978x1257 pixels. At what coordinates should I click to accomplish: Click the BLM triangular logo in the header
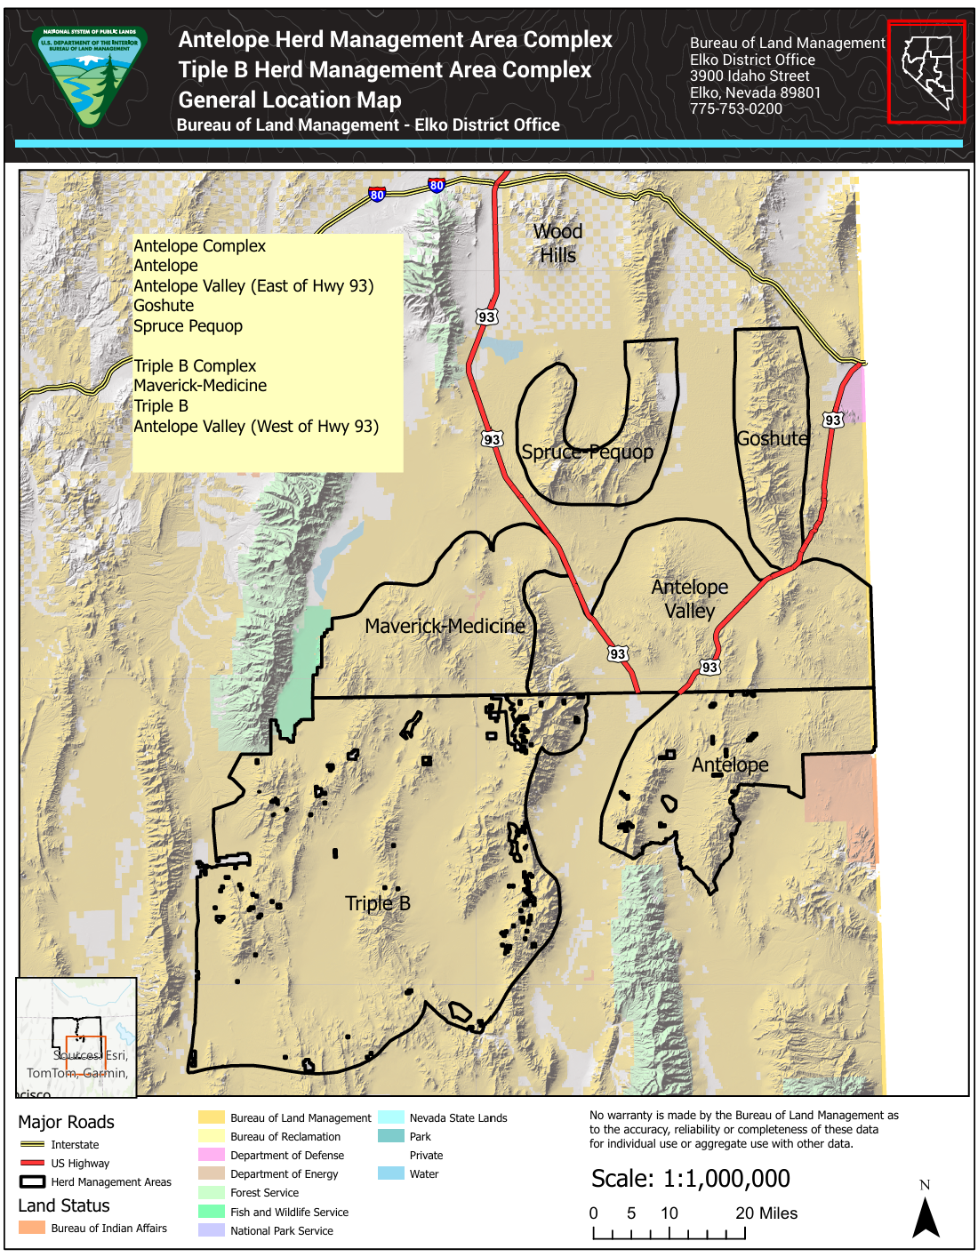pyautogui.click(x=89, y=76)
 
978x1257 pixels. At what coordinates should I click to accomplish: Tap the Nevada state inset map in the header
pyautogui.click(x=926, y=71)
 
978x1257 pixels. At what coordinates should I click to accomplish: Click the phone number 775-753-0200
pyautogui.click(x=736, y=108)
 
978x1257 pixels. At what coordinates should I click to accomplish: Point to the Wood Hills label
pyautogui.click(x=558, y=244)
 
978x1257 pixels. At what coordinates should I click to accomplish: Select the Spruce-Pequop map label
pyautogui.click(x=587, y=452)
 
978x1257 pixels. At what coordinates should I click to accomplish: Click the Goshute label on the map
pyautogui.click(x=773, y=438)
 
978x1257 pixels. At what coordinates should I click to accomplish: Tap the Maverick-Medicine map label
pyautogui.click(x=445, y=626)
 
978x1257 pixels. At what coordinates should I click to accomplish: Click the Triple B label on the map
pyautogui.click(x=378, y=903)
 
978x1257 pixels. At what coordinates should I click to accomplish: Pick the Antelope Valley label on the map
pyautogui.click(x=689, y=598)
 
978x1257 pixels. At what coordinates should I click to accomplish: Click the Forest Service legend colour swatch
pyautogui.click(x=212, y=1193)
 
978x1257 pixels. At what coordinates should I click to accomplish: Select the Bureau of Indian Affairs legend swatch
pyautogui.click(x=32, y=1228)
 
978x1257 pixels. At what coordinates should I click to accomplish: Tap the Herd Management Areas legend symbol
pyautogui.click(x=32, y=1181)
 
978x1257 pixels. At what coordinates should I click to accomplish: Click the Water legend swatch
pyautogui.click(x=391, y=1173)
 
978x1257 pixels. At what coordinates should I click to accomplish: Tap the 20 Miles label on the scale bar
pyautogui.click(x=766, y=1213)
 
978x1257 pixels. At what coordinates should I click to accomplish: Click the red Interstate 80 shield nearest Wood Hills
pyautogui.click(x=436, y=186)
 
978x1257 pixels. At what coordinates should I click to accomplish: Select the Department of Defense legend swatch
pyautogui.click(x=212, y=1155)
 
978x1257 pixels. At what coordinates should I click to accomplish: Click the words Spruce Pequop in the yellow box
pyautogui.click(x=188, y=325)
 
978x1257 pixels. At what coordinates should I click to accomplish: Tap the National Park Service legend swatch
pyautogui.click(x=212, y=1230)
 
